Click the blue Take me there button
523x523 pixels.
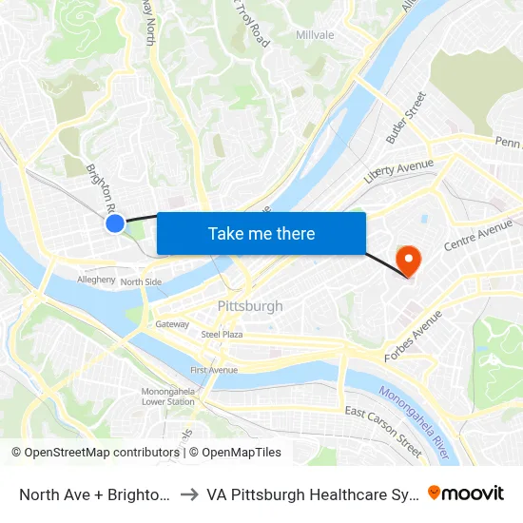click(x=261, y=233)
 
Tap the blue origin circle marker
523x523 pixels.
click(x=114, y=223)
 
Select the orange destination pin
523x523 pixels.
click(x=409, y=259)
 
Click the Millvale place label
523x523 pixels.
click(x=315, y=35)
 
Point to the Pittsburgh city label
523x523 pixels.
click(x=250, y=306)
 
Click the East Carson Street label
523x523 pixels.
click(x=383, y=431)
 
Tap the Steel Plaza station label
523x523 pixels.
click(x=222, y=335)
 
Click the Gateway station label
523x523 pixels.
click(x=172, y=324)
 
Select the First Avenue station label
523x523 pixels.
click(x=213, y=369)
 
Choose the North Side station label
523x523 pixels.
click(x=141, y=281)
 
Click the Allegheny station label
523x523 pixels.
click(x=96, y=281)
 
